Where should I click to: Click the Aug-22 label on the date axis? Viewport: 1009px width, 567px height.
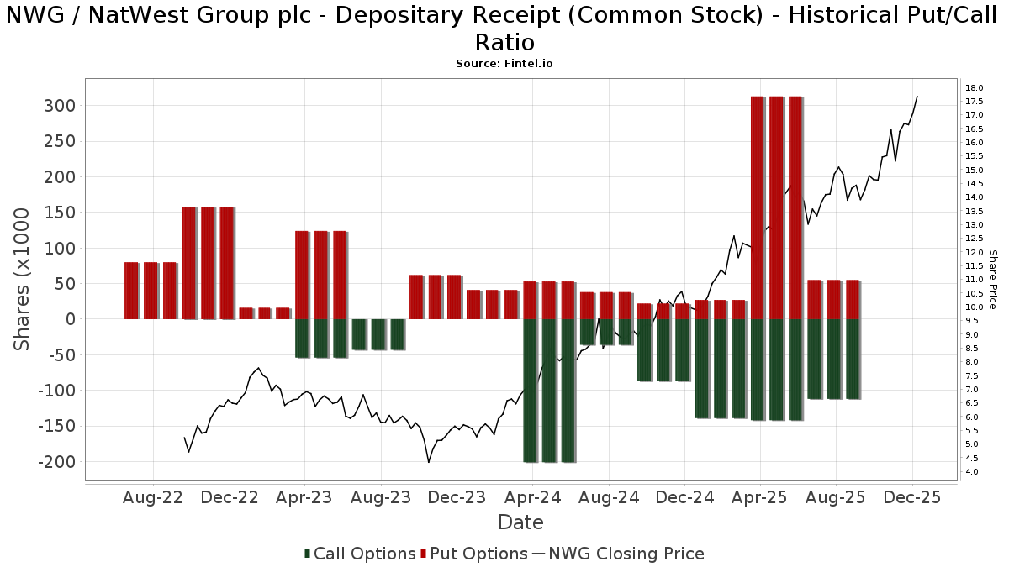153,498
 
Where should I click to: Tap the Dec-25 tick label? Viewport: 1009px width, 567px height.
912,498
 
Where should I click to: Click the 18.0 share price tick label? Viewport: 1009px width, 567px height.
975,88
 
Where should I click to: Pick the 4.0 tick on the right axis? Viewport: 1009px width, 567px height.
973,472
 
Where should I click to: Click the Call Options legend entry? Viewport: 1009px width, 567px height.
360,554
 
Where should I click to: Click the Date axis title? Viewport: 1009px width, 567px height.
520,522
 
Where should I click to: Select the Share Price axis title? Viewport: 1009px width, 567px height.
993,279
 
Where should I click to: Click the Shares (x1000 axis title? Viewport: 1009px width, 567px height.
23,281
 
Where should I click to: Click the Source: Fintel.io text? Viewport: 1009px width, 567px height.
504,63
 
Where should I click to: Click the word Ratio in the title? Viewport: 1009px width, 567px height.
504,42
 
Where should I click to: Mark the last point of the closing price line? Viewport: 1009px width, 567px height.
917,96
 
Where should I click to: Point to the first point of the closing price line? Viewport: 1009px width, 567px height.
184,438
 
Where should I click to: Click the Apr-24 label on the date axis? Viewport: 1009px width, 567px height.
532,498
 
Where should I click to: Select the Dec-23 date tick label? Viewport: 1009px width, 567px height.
457,498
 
